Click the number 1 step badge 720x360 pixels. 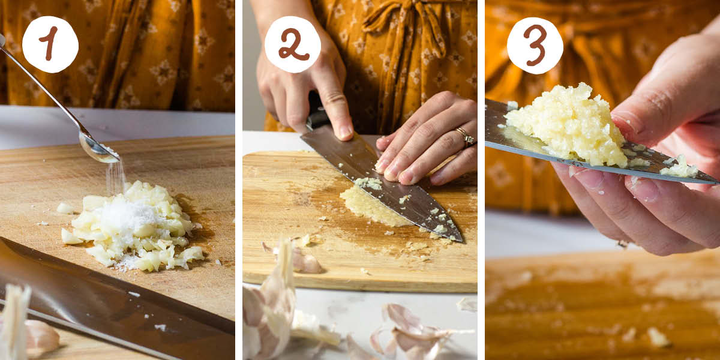pyautogui.click(x=50, y=44)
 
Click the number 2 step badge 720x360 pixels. pyautogui.click(x=293, y=44)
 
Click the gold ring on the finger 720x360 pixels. pyautogui.click(x=465, y=137)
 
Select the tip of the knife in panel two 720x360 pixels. pyautogui.click(x=459, y=239)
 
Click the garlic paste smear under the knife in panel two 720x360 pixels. pyautogui.click(x=366, y=207)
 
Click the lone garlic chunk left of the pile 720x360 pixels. pyautogui.click(x=65, y=208)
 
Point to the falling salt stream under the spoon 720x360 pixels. pyautogui.click(x=115, y=177)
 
